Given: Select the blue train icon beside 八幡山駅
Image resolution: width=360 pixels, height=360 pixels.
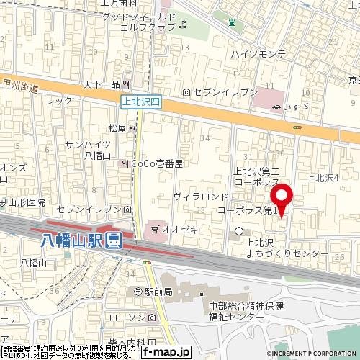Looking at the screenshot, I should point(114,240).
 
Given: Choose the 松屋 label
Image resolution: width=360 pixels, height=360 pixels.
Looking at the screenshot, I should point(117,128).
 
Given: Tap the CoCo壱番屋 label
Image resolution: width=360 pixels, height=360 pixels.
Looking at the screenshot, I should point(156,164).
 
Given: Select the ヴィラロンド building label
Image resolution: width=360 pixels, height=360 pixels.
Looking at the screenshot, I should point(200,196).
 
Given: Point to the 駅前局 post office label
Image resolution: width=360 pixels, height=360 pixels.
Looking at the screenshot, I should point(156,292).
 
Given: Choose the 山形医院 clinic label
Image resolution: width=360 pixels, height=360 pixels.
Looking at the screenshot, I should point(27,203).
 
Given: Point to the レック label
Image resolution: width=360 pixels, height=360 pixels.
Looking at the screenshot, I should point(55,102).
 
